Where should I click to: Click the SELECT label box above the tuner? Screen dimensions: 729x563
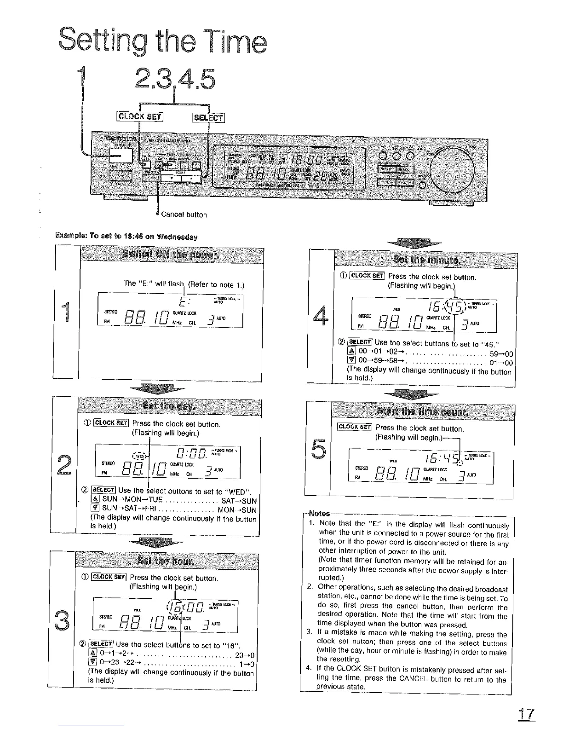[x=208, y=118]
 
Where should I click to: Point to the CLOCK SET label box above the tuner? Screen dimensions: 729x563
[x=140, y=116]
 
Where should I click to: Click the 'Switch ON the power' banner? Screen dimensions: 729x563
[x=171, y=255]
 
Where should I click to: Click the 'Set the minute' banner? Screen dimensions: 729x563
[x=424, y=260]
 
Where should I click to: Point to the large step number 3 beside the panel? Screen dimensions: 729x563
[x=63, y=620]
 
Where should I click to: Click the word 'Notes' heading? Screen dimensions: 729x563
[x=319, y=513]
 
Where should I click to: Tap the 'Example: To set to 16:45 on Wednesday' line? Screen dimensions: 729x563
[x=126, y=237]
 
